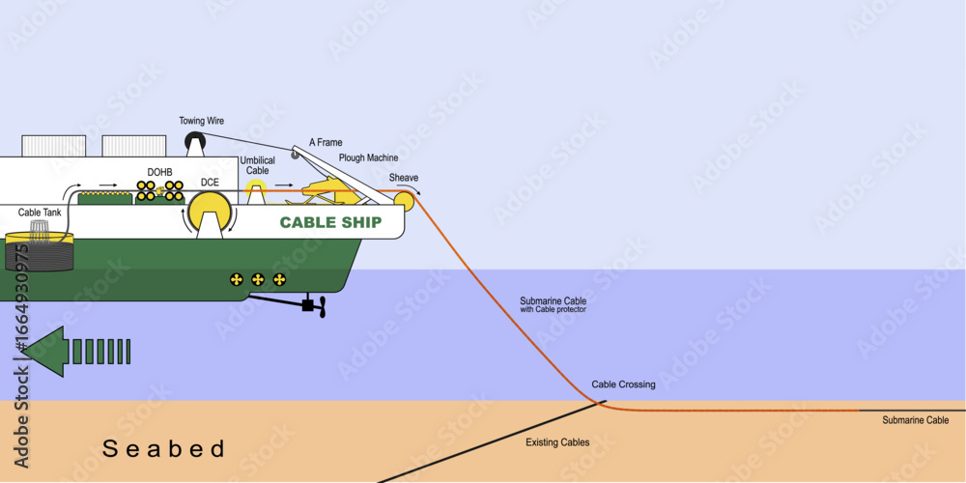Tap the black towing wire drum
tap(196, 144)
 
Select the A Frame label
tap(326, 142)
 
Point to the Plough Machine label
tap(368, 157)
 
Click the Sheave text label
tap(404, 178)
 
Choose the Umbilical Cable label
tap(258, 165)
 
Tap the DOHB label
tap(159, 173)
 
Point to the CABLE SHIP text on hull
tap(330, 222)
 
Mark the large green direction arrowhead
tap(46, 351)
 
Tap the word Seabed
tap(164, 448)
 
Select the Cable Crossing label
tap(623, 384)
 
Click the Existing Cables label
tap(557, 442)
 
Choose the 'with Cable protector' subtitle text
tap(554, 310)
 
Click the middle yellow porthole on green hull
tap(258, 279)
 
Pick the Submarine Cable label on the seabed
tap(915, 421)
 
